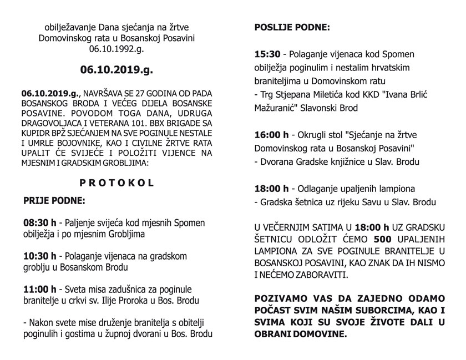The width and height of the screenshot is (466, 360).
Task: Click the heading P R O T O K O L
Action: pos(116,182)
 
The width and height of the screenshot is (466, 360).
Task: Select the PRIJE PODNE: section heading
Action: pos(54,200)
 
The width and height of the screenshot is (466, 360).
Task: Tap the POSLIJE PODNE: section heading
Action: pos(291,27)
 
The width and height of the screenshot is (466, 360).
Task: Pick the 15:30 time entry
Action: pos(267,55)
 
